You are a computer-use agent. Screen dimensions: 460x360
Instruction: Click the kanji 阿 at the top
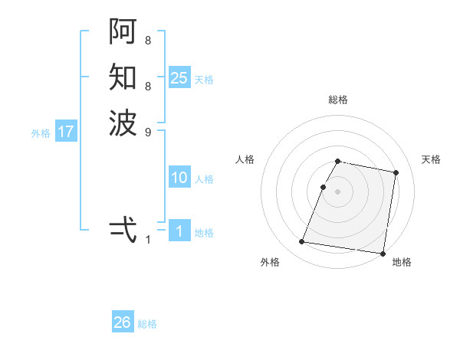[123, 31]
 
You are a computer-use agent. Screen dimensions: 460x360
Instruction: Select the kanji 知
[123, 77]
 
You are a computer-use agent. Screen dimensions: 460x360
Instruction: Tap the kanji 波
[123, 123]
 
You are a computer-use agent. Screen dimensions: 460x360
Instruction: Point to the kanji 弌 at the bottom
[123, 229]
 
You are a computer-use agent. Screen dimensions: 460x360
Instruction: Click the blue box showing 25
[179, 77]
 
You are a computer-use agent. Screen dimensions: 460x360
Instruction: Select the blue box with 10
[179, 178]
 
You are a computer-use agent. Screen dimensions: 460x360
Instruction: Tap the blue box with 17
[66, 132]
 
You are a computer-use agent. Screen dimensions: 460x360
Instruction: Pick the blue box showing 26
[123, 322]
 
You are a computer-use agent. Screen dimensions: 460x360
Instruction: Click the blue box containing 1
[179, 231]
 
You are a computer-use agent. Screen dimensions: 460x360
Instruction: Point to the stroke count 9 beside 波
[148, 132]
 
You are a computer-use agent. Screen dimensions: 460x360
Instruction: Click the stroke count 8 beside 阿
[148, 40]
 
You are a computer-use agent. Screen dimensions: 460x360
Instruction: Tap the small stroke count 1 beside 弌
[148, 240]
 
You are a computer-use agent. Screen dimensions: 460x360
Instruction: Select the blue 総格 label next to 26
[147, 324]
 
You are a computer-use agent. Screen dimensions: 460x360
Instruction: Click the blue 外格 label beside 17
[41, 133]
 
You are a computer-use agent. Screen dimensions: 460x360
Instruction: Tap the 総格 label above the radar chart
[338, 100]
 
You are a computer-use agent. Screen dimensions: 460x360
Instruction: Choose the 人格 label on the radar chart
[245, 159]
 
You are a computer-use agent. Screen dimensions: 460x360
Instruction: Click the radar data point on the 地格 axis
[382, 253]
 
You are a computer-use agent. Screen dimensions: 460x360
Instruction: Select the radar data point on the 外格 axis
[301, 242]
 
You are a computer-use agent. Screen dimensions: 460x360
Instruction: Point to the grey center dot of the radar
[338, 191]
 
